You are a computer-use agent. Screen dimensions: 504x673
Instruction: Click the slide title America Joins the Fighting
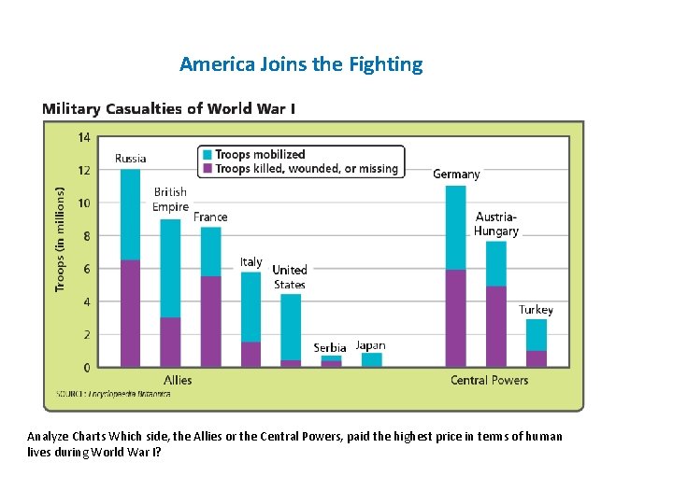[301, 64]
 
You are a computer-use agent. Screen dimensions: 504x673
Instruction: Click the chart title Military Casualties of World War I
[169, 108]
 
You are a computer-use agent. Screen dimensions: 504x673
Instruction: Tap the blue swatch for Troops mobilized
[207, 154]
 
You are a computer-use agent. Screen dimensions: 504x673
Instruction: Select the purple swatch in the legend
[207, 169]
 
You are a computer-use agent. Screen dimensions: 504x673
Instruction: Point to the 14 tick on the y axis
[84, 137]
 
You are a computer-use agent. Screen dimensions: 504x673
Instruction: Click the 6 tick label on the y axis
[87, 269]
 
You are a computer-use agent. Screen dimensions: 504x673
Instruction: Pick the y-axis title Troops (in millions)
[61, 238]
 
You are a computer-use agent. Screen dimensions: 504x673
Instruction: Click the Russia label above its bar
[130, 158]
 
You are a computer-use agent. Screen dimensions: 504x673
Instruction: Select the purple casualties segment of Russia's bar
[130, 314]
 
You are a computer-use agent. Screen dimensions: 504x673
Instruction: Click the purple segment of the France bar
[211, 321]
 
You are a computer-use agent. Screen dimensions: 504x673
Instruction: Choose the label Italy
[251, 262]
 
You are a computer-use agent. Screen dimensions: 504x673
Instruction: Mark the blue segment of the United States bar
[291, 327]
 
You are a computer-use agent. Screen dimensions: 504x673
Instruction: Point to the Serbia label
[330, 347]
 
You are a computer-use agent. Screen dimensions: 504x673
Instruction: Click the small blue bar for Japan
[371, 359]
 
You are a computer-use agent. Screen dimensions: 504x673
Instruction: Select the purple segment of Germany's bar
[455, 318]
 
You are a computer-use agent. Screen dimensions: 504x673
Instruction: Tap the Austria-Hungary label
[495, 224]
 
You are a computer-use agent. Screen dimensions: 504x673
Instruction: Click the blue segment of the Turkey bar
[536, 334]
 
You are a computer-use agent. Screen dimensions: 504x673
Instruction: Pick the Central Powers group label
[489, 380]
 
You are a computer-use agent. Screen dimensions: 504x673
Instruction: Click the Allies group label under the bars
[178, 380]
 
